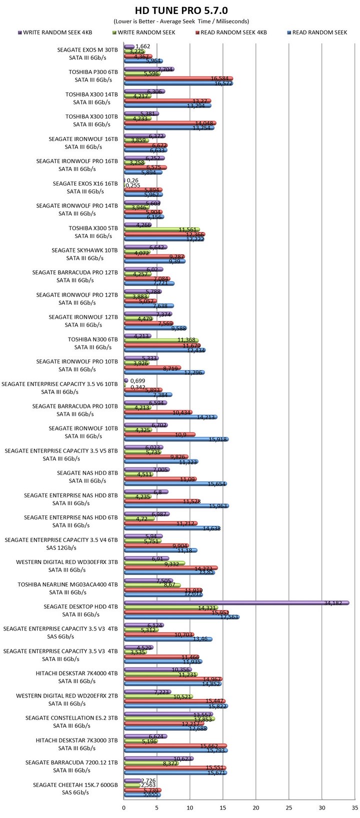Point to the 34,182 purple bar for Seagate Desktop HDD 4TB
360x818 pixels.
coord(235,602)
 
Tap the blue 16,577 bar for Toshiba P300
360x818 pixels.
coord(177,83)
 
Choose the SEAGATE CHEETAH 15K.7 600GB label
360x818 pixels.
coord(75,785)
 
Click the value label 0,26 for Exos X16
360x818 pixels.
coord(132,180)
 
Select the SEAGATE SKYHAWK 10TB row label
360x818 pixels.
coord(84,250)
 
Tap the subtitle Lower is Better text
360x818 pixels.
coord(180,21)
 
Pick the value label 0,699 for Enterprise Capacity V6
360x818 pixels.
coord(137,380)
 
